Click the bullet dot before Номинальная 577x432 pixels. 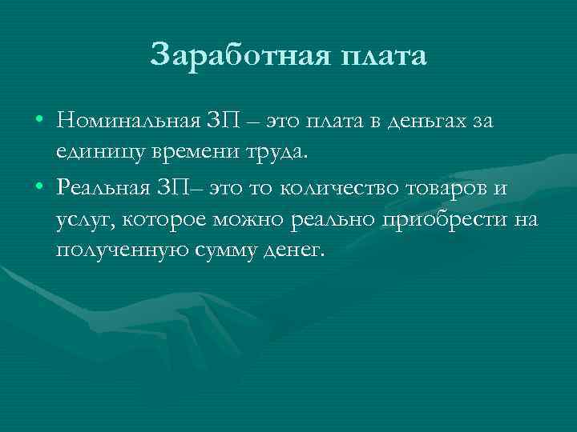(x=39, y=122)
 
